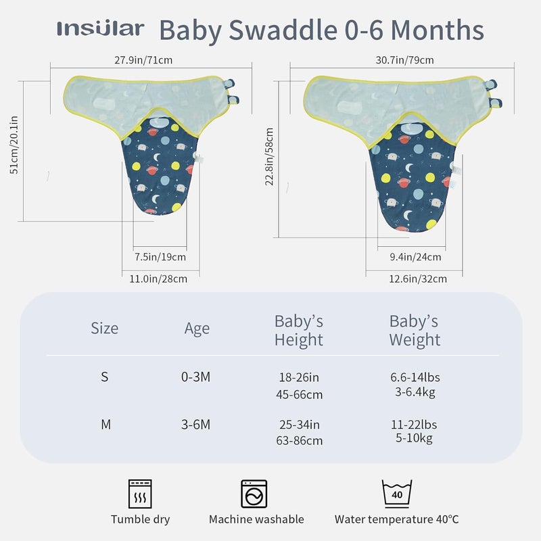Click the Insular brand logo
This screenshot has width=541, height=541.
tap(100, 29)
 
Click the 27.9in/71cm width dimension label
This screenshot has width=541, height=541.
tap(143, 60)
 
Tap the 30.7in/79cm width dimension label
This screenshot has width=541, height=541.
tap(404, 60)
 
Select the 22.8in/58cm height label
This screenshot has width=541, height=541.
tap(269, 157)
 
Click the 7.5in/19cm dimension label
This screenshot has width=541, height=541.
tap(160, 257)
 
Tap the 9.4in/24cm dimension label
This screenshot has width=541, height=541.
tap(415, 257)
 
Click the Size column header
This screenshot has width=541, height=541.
tap(104, 329)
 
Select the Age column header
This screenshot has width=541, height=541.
tap(197, 329)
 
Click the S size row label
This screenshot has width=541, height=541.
tap(104, 377)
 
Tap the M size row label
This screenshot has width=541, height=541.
tap(105, 425)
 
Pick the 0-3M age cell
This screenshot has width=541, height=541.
tap(195, 377)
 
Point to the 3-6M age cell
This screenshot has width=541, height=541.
tap(195, 425)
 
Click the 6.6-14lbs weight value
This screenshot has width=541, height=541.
tap(415, 377)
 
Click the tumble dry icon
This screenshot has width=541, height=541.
tap(140, 494)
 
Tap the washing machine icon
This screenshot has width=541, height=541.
tap(254, 494)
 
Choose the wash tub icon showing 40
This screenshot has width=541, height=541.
tap(397, 494)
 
